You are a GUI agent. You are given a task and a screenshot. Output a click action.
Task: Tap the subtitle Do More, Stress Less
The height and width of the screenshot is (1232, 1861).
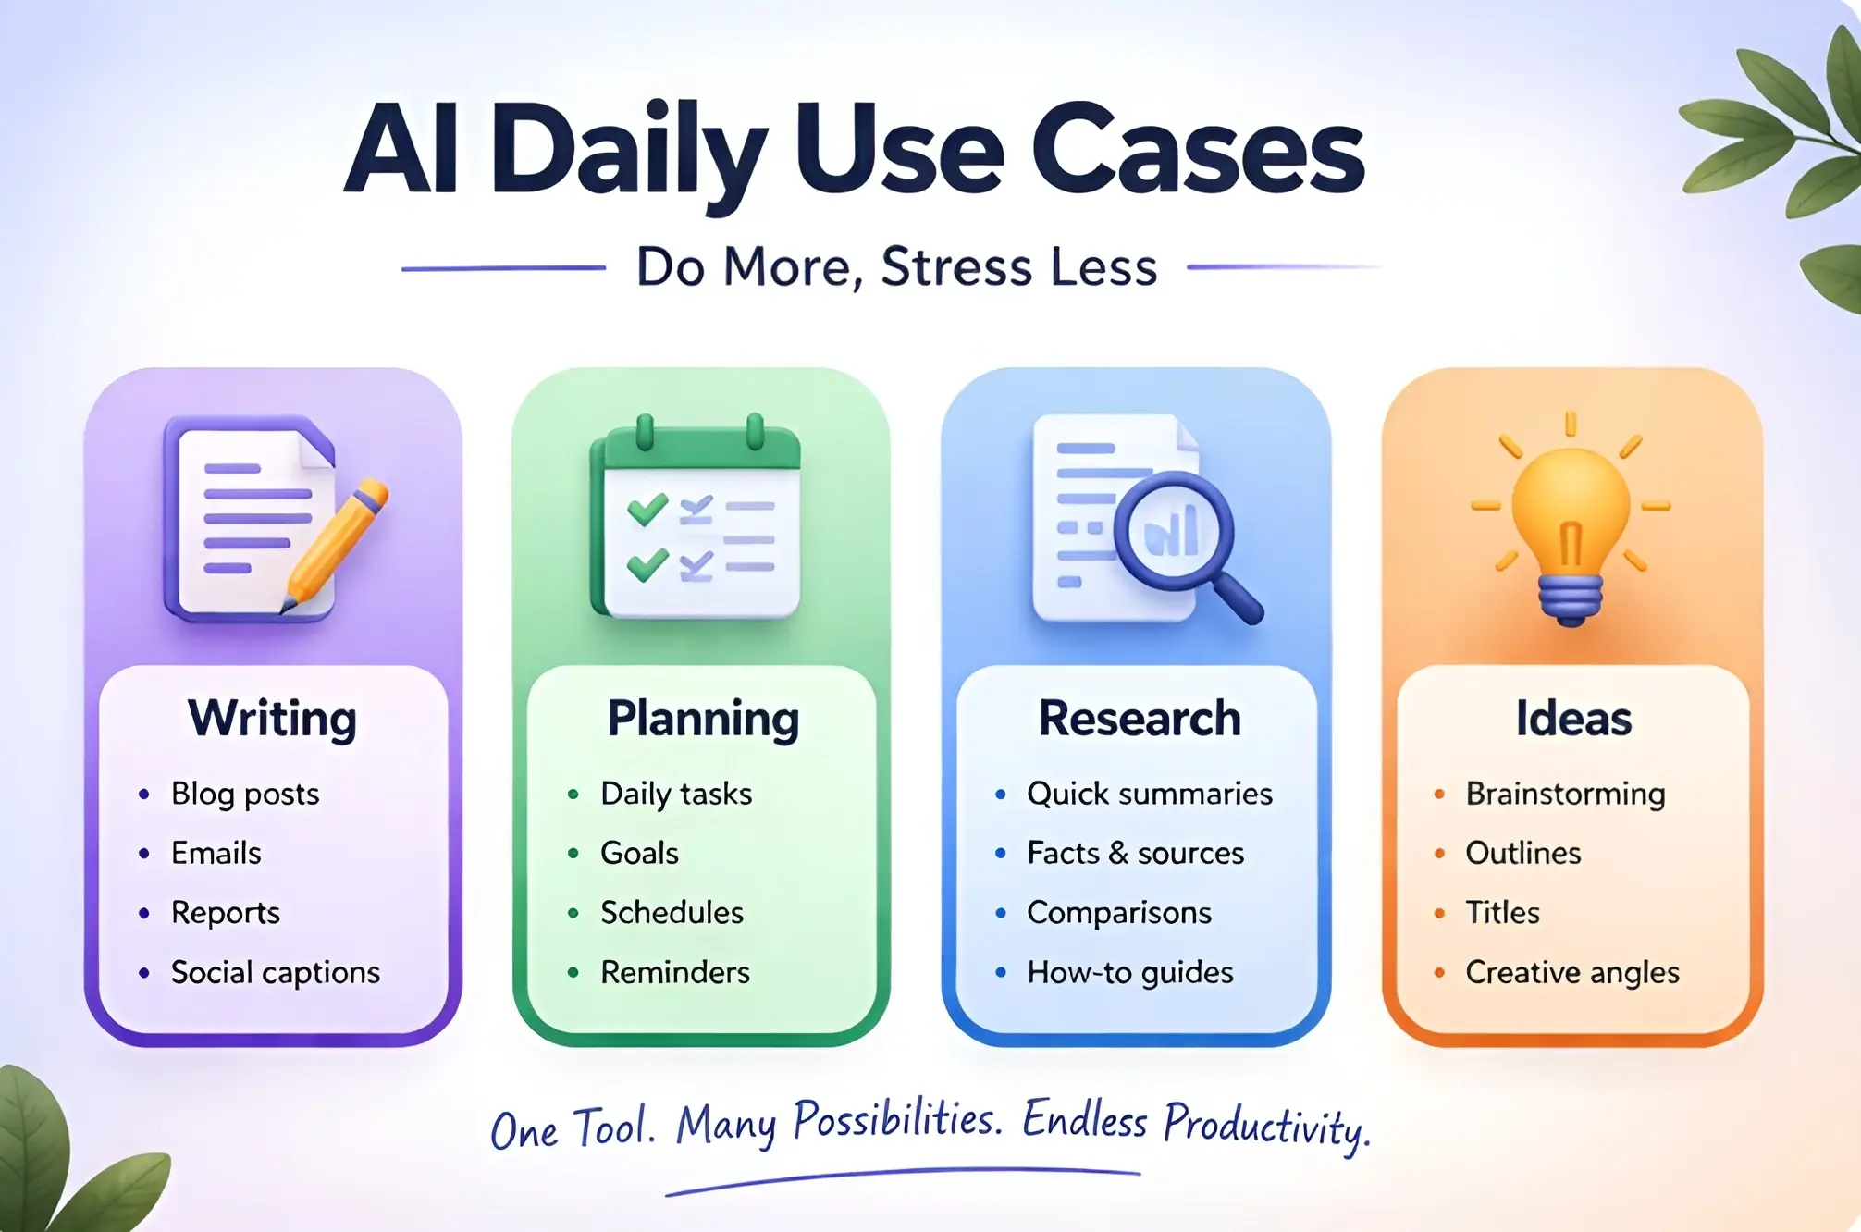coord(896,267)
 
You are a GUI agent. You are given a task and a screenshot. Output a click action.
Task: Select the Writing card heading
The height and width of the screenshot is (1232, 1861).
coord(272,719)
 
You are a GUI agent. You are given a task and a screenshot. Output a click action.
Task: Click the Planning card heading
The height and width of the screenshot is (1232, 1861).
coord(703,719)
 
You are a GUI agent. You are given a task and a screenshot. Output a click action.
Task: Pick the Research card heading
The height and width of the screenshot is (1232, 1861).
coord(1140,719)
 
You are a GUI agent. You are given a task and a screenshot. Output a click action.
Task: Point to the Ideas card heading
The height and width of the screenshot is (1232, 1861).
coord(1573,719)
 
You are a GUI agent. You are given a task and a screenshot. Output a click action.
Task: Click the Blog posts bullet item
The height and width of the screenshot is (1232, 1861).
coord(245,794)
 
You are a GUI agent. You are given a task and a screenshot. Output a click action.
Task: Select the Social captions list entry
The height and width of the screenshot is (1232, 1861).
coord(276,972)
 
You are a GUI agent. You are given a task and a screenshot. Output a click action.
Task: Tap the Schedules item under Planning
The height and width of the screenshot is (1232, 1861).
coord(672,913)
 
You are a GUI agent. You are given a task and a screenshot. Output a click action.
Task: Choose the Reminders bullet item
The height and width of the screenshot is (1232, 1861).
coord(675,972)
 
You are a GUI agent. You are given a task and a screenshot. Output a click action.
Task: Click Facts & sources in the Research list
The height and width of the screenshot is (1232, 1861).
coord(1135,853)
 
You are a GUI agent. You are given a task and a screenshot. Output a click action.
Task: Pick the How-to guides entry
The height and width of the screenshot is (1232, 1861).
coord(1129,972)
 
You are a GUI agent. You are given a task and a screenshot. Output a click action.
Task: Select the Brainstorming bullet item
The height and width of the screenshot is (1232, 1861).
coord(1565,794)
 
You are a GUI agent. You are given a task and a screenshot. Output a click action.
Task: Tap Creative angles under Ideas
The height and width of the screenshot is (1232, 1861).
coord(1572,972)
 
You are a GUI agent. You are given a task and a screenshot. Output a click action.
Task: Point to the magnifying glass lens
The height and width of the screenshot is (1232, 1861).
coord(1173,531)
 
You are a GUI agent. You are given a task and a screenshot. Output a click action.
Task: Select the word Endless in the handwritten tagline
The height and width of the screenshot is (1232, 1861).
coord(1085,1121)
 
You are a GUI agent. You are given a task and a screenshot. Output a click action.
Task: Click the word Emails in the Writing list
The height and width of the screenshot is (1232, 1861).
coord(216,853)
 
